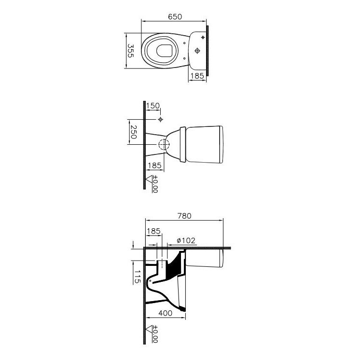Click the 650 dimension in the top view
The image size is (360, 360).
point(175,17)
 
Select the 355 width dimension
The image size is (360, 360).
point(131,51)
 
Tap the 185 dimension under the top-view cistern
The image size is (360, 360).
point(197,76)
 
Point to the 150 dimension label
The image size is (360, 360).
point(153,106)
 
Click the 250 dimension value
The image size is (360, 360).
point(133,132)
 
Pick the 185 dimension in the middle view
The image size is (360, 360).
point(155,166)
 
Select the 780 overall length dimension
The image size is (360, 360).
point(184,216)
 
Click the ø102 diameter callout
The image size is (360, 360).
point(186,240)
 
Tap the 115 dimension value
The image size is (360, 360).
point(138,277)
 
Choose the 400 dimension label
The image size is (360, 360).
point(166,313)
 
